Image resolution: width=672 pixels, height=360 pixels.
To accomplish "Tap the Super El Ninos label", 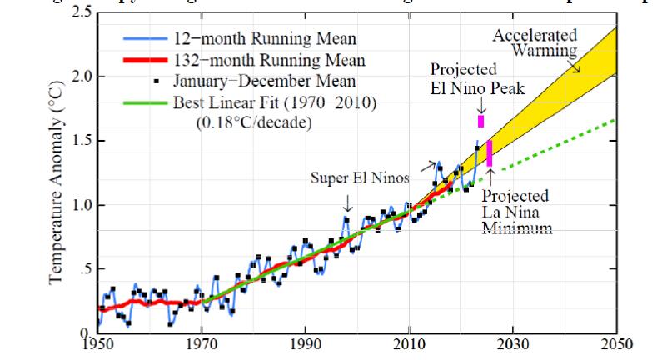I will pos(346,177).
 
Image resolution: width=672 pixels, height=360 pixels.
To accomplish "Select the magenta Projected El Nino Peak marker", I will pos(481,121).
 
